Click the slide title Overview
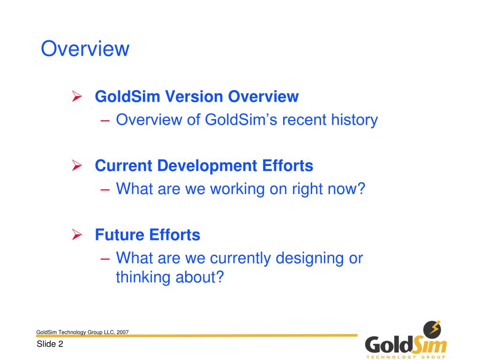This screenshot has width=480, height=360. point(85,49)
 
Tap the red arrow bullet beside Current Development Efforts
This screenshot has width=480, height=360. point(77,165)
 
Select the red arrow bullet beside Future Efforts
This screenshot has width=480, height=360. point(77,234)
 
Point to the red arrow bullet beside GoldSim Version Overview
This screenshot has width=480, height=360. point(77,97)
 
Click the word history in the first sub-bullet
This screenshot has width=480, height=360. point(354,120)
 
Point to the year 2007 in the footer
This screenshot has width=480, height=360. point(123,332)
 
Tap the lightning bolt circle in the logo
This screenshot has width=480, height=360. point(432,329)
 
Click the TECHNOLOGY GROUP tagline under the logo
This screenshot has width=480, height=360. point(406,357)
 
